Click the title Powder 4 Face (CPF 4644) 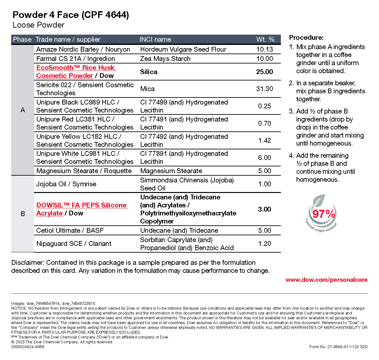[x=71, y=15]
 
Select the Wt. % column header [x=265, y=39]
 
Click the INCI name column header [x=155, y=39]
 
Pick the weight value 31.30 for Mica [x=265, y=89]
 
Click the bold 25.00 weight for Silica [x=265, y=72]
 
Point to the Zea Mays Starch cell [x=165, y=59]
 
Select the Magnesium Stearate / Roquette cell [x=84, y=171]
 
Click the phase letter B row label [x=23, y=214]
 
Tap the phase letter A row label [x=23, y=110]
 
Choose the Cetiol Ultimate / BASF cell [x=70, y=230]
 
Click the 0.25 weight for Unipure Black [x=265, y=106]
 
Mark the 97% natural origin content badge [x=322, y=213]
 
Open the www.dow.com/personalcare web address [x=326, y=280]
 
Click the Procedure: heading [x=306, y=38]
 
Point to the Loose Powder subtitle [x=38, y=25]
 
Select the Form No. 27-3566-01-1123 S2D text [x=338, y=347]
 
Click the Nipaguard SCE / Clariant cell [x=74, y=244]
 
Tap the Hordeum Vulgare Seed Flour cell [x=183, y=49]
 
